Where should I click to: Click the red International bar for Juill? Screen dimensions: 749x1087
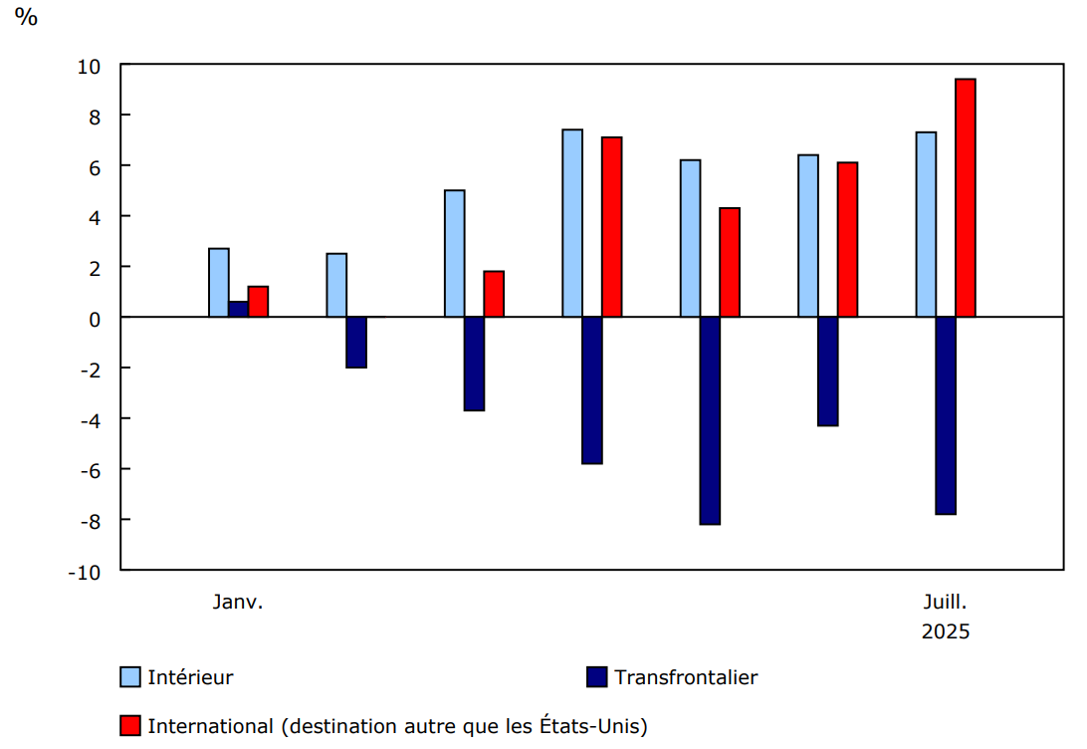pos(965,197)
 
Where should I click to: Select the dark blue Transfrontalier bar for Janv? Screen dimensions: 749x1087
pos(238,309)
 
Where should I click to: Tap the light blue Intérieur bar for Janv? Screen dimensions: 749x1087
pos(218,283)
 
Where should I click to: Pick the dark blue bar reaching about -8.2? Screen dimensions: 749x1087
pos(710,420)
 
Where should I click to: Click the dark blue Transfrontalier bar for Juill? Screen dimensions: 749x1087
pos(946,415)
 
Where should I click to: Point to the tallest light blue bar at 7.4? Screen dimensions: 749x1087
pos(572,223)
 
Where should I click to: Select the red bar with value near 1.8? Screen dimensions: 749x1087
pos(494,294)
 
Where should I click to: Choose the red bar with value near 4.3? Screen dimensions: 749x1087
pos(730,262)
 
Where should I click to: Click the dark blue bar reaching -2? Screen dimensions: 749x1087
pos(356,343)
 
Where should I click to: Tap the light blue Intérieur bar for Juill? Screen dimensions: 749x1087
pos(926,224)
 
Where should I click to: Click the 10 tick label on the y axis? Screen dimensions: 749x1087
pos(91,66)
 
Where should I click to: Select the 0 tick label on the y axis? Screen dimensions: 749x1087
pos(97,319)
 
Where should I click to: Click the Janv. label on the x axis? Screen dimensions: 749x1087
pos(238,602)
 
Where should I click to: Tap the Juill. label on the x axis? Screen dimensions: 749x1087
pos(945,602)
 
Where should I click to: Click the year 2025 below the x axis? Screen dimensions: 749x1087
pos(945,631)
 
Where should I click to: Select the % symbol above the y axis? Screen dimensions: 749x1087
pos(26,17)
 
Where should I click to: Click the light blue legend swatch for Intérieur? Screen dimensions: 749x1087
pos(130,677)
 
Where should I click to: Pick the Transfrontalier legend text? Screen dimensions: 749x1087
pos(686,677)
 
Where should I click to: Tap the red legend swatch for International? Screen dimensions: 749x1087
pos(130,726)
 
